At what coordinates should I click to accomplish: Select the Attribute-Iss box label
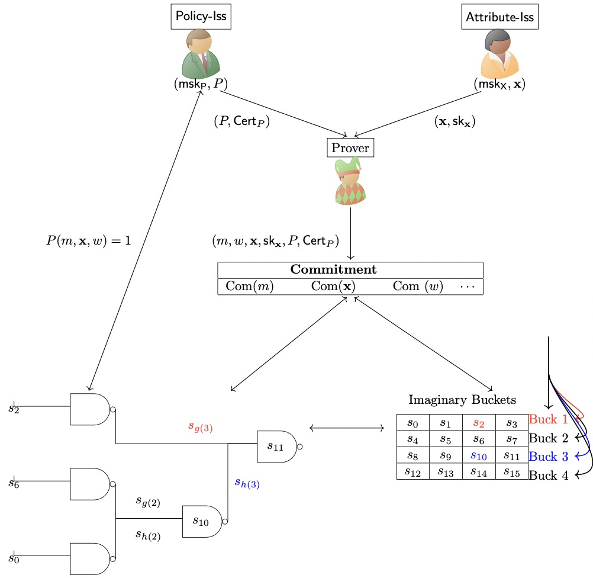point(499,17)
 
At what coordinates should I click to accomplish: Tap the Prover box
point(350,147)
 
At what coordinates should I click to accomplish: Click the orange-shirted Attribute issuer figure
point(500,54)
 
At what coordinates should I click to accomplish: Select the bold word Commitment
point(333,269)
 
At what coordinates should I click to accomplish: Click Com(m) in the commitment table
point(250,286)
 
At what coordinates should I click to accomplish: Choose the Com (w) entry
point(417,286)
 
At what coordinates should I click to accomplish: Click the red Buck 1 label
point(548,420)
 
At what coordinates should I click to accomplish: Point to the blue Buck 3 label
point(548,456)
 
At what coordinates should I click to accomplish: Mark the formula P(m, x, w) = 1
point(88,241)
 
